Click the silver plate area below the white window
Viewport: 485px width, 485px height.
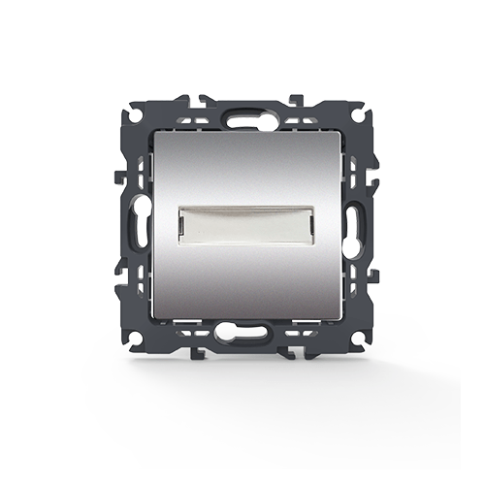242,281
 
